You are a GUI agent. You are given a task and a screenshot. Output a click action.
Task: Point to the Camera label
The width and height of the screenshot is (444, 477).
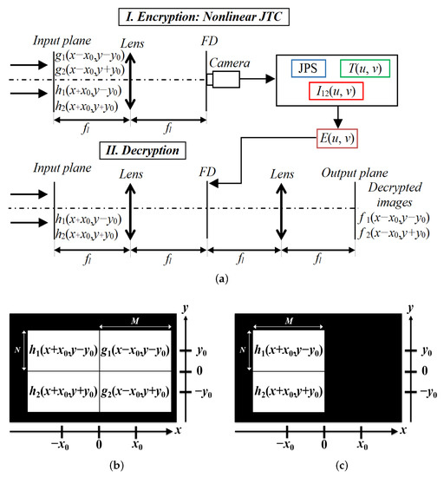pos(233,57)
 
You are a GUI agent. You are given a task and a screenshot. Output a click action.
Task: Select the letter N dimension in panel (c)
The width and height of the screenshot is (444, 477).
pos(244,350)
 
